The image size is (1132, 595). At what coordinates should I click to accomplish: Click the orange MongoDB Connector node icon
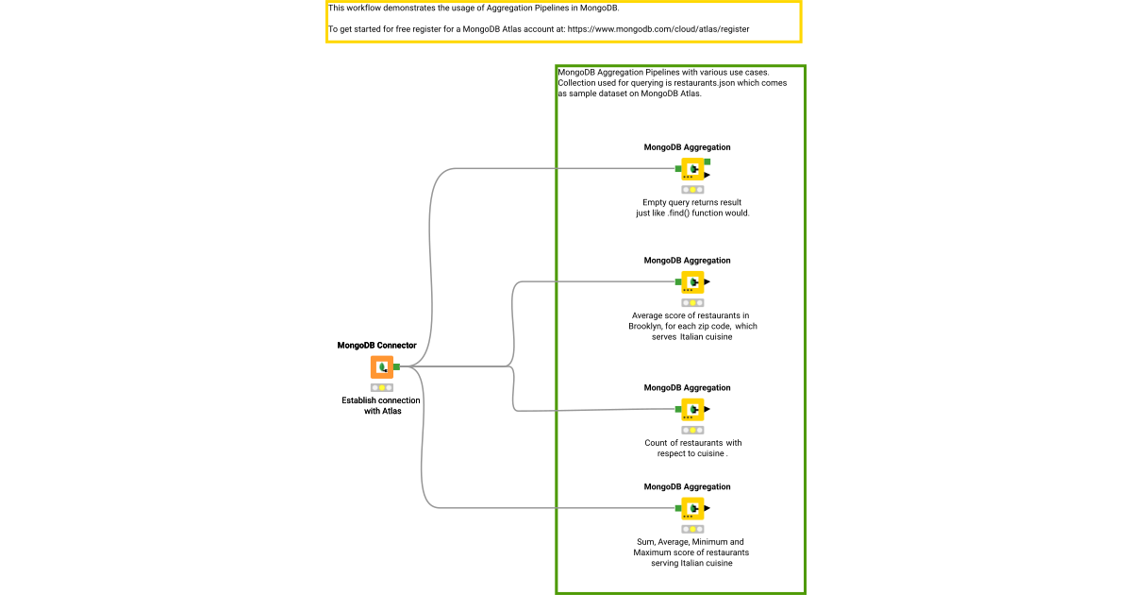(382, 366)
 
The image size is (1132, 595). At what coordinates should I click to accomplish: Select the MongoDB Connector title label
(376, 346)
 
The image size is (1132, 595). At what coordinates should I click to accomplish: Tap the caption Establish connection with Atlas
(381, 405)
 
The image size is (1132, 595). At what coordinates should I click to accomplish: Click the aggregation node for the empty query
(692, 169)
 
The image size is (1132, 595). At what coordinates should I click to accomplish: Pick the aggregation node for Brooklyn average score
(692, 281)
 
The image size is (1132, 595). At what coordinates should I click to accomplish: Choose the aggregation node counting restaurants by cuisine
(692, 409)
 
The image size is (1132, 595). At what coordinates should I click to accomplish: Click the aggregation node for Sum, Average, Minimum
(692, 508)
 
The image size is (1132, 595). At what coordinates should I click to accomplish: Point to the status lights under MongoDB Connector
(382, 387)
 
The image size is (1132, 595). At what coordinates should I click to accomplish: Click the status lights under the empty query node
(692, 190)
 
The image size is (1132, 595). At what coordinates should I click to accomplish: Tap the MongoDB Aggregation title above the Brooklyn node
(687, 261)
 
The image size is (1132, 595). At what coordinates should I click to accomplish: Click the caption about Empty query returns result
(692, 208)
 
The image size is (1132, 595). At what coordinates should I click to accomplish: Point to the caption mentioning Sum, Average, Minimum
(691, 552)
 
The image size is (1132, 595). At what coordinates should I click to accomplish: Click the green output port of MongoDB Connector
(397, 366)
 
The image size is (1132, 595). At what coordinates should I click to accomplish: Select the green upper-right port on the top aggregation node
(707, 162)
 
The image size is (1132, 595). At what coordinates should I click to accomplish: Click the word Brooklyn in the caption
(648, 326)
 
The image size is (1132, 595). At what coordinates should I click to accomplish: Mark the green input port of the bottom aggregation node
(678, 508)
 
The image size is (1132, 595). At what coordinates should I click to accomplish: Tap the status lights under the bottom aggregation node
(692, 529)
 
